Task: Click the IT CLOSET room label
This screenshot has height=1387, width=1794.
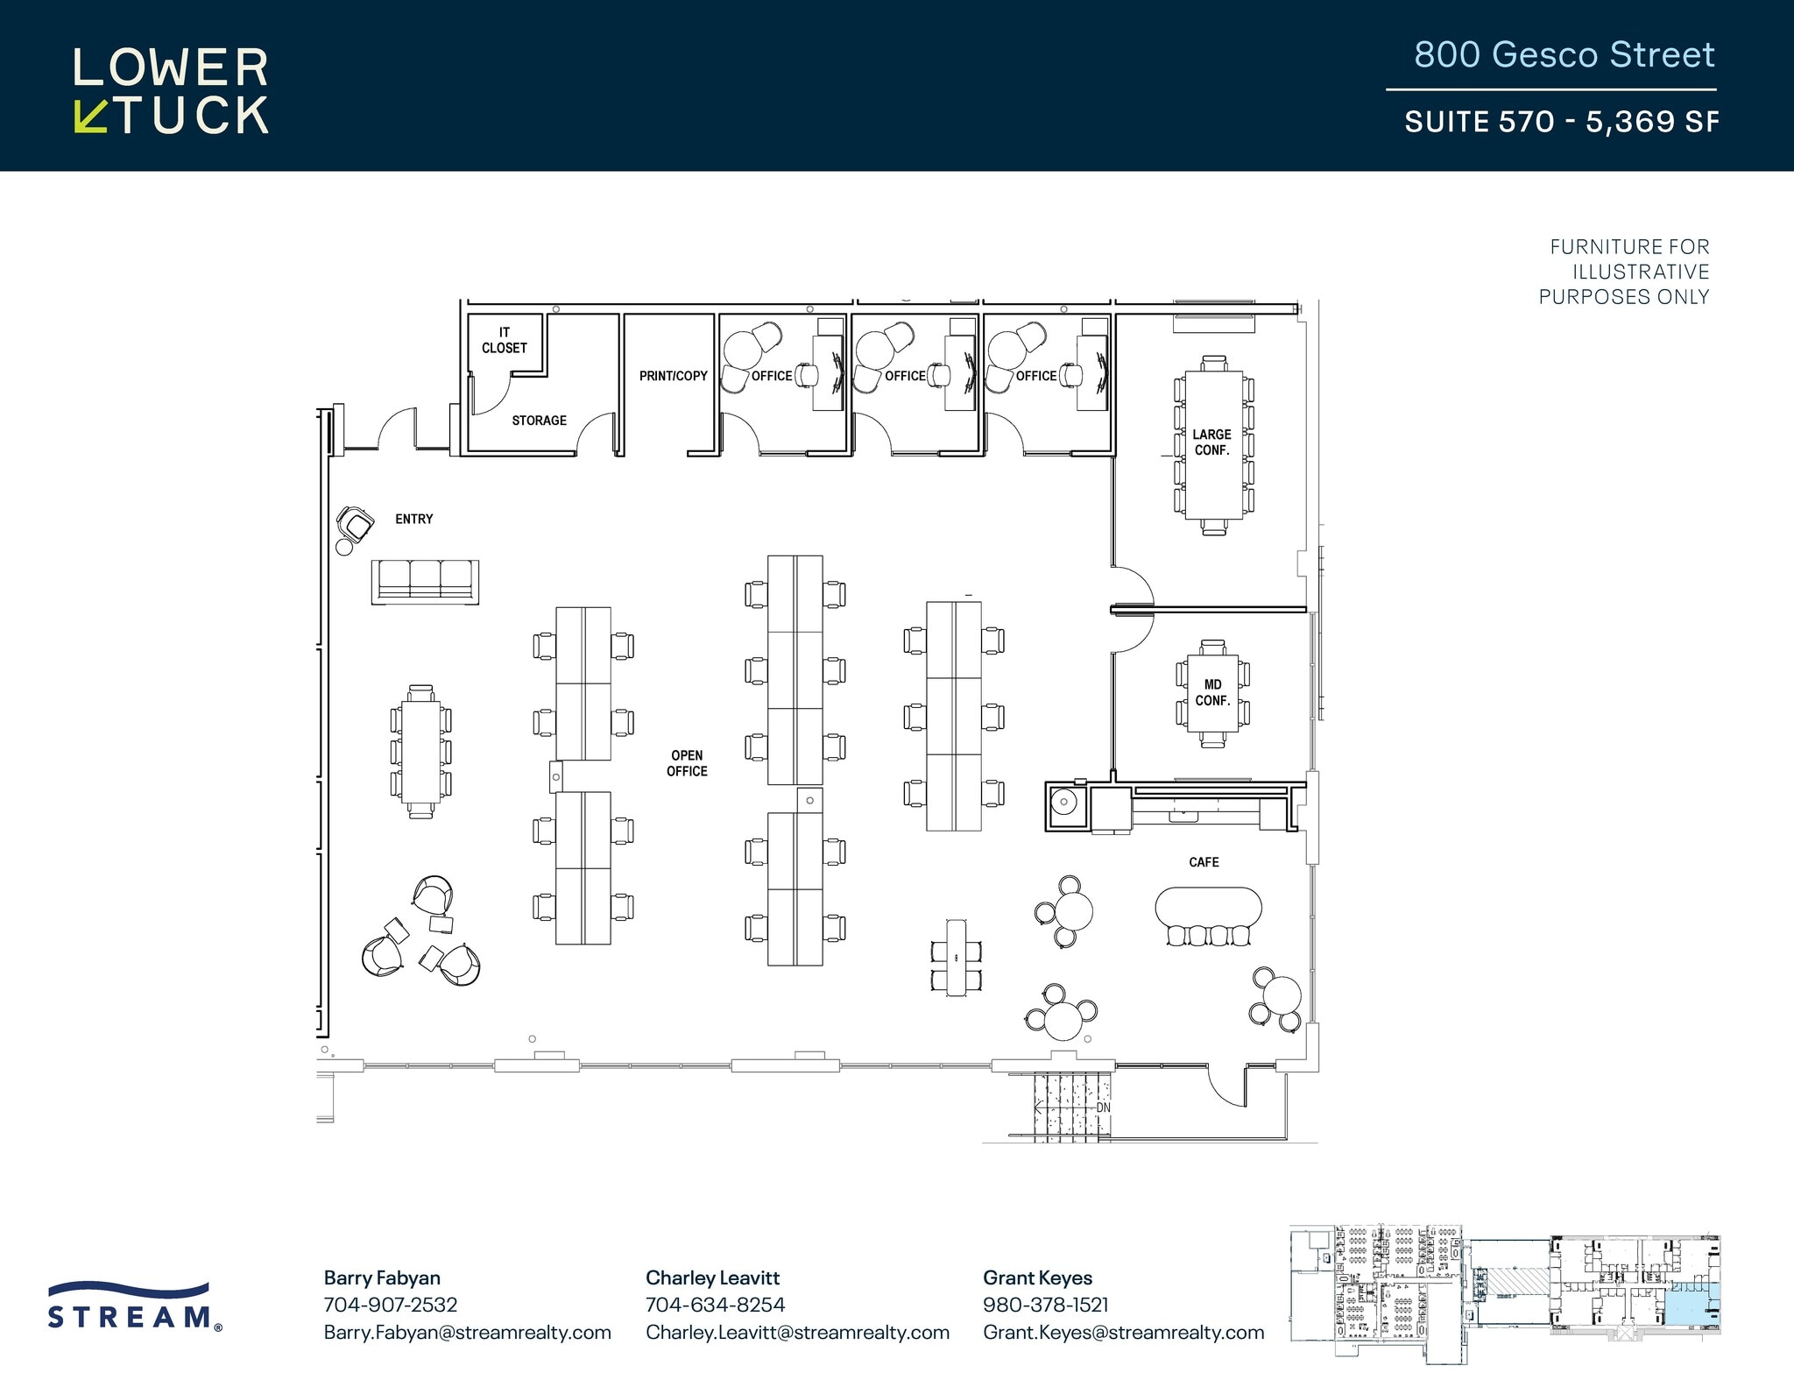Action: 504,340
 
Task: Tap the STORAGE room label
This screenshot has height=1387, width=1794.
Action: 539,421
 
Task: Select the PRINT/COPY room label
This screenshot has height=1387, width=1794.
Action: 673,376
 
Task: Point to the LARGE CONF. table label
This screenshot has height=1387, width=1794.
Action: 1211,442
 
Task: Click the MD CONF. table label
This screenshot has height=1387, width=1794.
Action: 1212,693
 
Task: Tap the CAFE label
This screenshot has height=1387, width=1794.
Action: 1204,862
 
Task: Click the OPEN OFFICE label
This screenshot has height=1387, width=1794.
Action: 687,763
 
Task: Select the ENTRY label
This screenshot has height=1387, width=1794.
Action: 413,520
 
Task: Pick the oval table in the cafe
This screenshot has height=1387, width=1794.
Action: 1208,908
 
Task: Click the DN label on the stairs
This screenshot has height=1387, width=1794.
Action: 1103,1107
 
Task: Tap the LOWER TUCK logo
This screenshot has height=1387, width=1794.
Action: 171,90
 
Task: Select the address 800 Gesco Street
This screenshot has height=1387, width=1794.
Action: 1564,55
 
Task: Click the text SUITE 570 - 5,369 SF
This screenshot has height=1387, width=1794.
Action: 1561,121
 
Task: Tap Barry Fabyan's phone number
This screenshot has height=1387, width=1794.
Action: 391,1305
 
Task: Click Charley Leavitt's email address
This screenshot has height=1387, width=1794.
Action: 797,1332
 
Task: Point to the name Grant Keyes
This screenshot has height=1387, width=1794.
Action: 1037,1277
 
